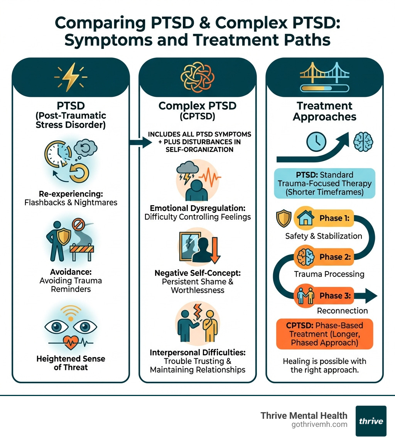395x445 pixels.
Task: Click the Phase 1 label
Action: click(334, 218)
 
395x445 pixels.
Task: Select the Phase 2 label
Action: click(334, 257)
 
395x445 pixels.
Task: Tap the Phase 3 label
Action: click(334, 296)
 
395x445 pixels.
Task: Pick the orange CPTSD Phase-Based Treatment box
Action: click(324, 334)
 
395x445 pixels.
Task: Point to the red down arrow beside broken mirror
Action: click(213, 251)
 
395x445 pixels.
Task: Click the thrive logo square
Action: click(371, 421)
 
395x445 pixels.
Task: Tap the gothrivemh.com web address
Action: click(320, 424)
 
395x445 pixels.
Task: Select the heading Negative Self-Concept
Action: click(197, 273)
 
